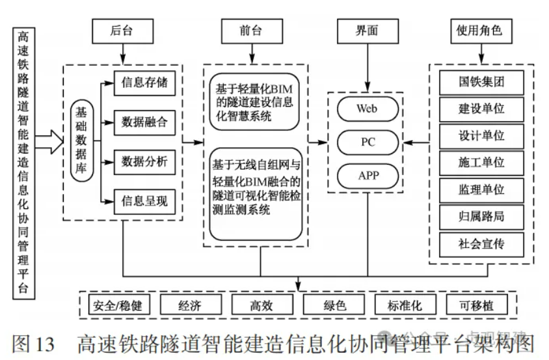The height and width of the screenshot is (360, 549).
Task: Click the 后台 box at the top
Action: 122,29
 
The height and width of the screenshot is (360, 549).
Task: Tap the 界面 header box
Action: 368,29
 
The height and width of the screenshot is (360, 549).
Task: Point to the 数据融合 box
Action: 144,122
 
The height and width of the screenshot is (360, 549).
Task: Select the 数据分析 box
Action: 144,161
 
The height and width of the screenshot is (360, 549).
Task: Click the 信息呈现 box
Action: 144,201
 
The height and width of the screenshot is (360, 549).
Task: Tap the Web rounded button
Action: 367,108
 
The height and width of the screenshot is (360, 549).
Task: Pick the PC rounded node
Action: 367,141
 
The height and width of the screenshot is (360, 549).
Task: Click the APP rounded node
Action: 367,175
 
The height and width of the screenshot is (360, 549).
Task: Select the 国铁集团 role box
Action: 481,83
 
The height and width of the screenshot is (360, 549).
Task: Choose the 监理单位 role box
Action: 481,190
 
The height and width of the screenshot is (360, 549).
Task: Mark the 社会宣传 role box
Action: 481,244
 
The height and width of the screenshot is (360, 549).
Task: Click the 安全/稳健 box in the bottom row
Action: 118,305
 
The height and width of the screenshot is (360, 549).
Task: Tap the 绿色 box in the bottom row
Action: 334,305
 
